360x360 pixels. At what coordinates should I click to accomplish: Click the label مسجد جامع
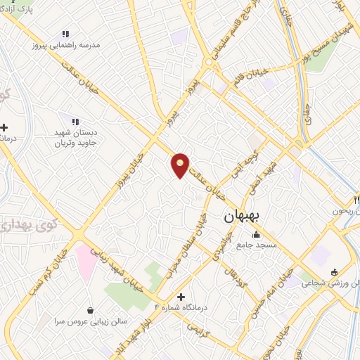tap(257, 245)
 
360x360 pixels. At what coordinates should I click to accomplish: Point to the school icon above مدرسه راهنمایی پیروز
tap(65, 34)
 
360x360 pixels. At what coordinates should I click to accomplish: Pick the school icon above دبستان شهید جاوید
tap(75, 121)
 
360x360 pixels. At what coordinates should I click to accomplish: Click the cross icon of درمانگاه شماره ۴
tap(181, 297)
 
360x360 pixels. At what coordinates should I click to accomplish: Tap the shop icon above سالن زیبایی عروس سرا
tap(90, 310)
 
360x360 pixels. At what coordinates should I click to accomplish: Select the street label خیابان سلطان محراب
tap(186, 243)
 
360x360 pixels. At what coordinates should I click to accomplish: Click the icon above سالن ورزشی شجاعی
tap(334, 272)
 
